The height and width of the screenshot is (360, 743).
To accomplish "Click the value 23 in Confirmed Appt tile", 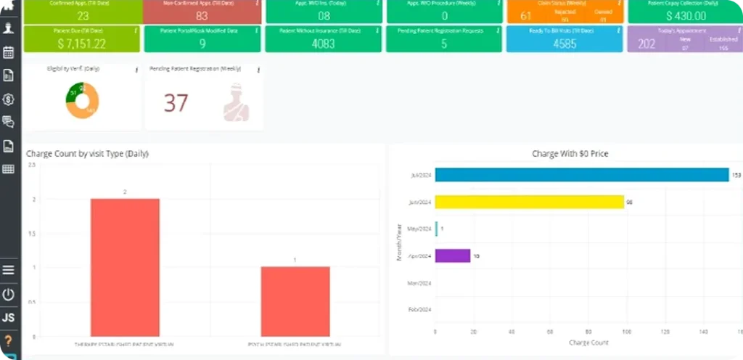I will point(83,16).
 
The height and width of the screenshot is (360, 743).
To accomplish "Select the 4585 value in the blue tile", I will point(564,44).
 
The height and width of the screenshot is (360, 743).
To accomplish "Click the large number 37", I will point(176,104).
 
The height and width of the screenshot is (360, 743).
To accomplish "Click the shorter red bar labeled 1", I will point(295,301).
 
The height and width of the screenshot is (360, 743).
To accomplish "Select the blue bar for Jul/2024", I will point(581,175).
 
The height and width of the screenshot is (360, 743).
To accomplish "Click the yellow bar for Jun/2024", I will point(529,202).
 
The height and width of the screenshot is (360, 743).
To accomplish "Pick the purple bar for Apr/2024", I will point(452,255).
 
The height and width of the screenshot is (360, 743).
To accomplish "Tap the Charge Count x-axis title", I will point(588,342).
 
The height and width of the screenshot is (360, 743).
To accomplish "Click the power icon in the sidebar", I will point(9,295).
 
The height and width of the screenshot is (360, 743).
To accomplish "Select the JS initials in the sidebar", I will point(9,318).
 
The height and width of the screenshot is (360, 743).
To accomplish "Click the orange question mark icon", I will point(9,340).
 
